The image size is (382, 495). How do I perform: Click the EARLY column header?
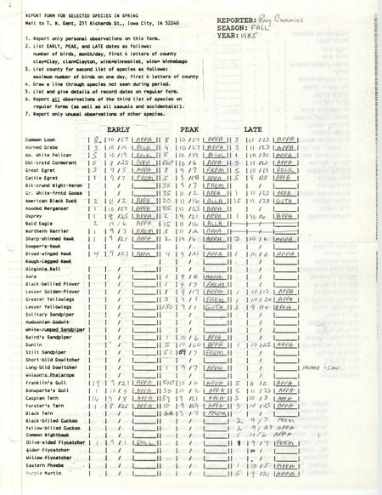pos(127,125)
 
